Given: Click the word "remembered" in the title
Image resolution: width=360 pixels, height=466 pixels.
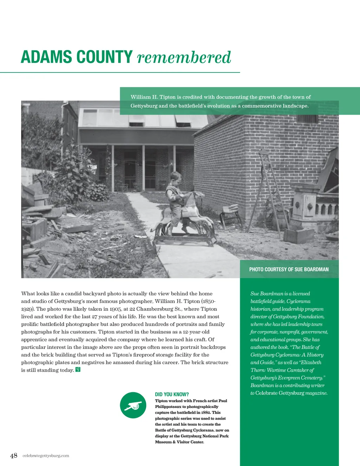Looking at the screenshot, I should pos(184,58).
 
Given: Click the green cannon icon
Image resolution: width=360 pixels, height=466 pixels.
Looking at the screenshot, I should pos(133,405).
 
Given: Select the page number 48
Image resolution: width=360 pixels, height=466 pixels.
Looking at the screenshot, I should pos(14,456).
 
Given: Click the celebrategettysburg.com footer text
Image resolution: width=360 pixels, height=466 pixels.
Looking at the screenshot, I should pos(46,456).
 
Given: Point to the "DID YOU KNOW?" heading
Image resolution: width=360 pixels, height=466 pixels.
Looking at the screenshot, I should pos(172,394).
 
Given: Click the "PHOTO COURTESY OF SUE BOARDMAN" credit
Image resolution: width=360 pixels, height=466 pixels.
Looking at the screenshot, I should pos(289,269).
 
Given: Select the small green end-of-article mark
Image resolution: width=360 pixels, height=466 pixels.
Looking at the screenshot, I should pos(78,370).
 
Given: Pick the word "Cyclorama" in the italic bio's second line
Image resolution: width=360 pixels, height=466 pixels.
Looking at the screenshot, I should pos(298,301).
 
